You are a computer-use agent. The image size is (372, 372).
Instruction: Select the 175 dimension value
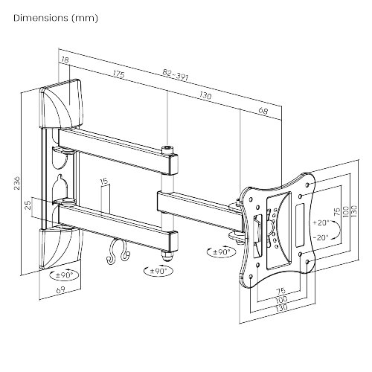click(x=118, y=74)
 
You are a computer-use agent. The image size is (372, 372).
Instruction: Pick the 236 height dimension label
click(x=16, y=184)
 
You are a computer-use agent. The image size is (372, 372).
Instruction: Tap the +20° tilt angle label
click(x=321, y=222)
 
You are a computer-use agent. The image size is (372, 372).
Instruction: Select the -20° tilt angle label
click(x=321, y=237)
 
